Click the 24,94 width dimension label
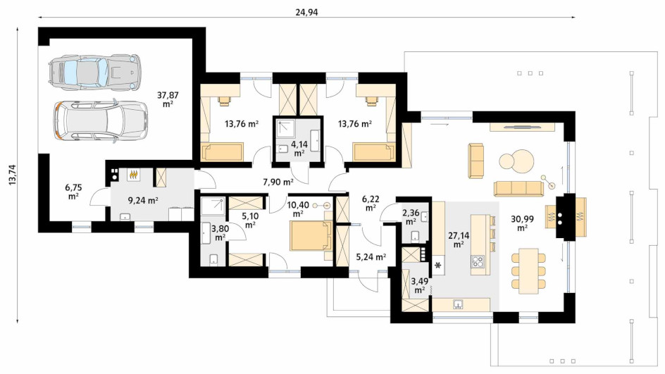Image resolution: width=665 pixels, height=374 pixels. pyautogui.click(x=306, y=12)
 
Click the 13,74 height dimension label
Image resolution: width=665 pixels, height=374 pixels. pyautogui.click(x=12, y=174)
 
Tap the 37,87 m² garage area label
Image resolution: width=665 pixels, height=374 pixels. pyautogui.click(x=168, y=99)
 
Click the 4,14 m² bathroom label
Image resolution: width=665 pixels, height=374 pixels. pyautogui.click(x=299, y=149)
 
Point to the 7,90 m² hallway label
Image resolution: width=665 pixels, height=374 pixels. pyautogui.click(x=278, y=182)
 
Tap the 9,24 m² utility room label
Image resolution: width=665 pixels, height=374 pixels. pyautogui.click(x=143, y=201)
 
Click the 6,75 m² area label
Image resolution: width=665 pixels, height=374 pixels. pyautogui.click(x=73, y=192)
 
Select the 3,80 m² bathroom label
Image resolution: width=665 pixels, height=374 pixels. pyautogui.click(x=220, y=233)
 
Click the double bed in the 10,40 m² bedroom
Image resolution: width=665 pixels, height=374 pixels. pyautogui.click(x=309, y=235)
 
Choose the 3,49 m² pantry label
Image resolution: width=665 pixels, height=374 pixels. pyautogui.click(x=419, y=285)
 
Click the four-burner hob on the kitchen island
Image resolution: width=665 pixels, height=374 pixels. pyautogui.click(x=478, y=261)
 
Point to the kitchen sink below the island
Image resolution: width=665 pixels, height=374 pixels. pyautogui.click(x=458, y=304)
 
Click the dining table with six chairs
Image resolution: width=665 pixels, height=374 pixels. pyautogui.click(x=528, y=270)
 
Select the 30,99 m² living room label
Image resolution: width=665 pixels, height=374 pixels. pyautogui.click(x=522, y=223)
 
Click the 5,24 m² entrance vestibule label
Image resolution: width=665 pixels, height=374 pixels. pyautogui.click(x=371, y=256)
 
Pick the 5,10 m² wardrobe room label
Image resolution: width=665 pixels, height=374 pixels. pyautogui.click(x=250, y=220)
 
